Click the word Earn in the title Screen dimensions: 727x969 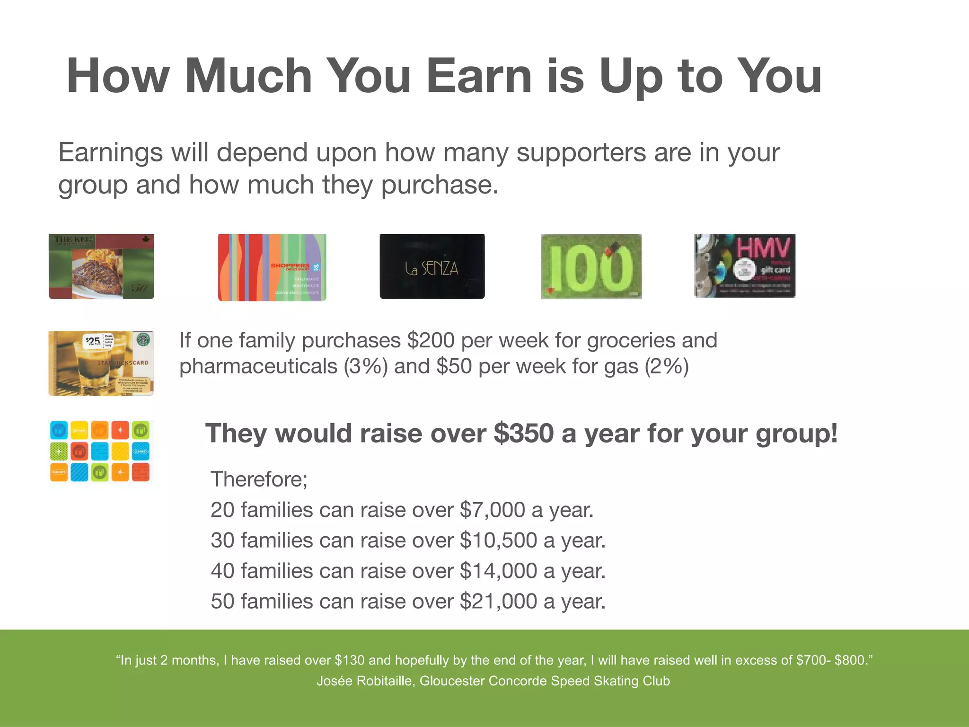(479, 77)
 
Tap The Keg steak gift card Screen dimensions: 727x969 (101, 266)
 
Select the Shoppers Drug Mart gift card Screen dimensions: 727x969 (272, 267)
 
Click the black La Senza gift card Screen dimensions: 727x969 (432, 266)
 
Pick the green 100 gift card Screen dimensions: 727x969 (591, 266)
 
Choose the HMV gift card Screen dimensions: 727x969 (745, 266)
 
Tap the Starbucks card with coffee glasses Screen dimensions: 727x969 (101, 363)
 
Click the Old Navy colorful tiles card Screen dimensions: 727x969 (100, 451)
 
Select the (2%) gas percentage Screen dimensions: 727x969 (666, 367)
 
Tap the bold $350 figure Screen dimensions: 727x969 (524, 434)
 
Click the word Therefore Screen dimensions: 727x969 (259, 479)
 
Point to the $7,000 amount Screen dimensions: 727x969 (492, 510)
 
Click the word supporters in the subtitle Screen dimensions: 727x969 (581, 153)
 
